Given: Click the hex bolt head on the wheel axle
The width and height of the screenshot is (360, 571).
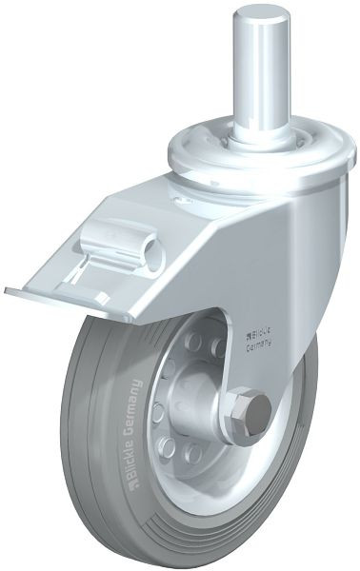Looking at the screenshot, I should [252, 408].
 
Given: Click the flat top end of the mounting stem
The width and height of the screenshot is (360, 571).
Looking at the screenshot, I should [261, 16].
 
